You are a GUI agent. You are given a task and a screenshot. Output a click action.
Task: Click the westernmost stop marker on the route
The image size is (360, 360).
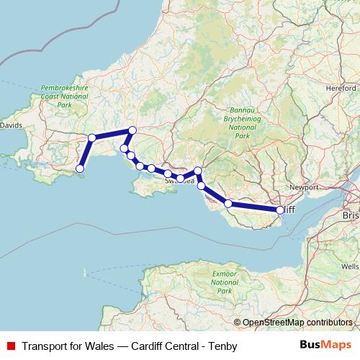coord(80,168)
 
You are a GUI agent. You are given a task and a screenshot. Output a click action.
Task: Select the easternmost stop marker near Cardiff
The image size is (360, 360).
coord(280,210)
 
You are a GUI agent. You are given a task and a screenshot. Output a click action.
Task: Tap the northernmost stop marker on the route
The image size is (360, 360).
coord(132,130)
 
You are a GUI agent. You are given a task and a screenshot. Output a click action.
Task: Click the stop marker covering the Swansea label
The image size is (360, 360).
coord(181,177)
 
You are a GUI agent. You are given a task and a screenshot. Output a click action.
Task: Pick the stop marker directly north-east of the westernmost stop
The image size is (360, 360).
coord(91,138)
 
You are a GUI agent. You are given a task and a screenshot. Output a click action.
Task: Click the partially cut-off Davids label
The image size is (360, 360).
coord(10,125)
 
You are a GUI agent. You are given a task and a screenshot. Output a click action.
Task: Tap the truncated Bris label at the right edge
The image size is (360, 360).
coord(351,215)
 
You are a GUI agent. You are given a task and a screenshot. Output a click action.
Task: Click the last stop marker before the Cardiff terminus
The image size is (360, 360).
coord(228,204)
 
